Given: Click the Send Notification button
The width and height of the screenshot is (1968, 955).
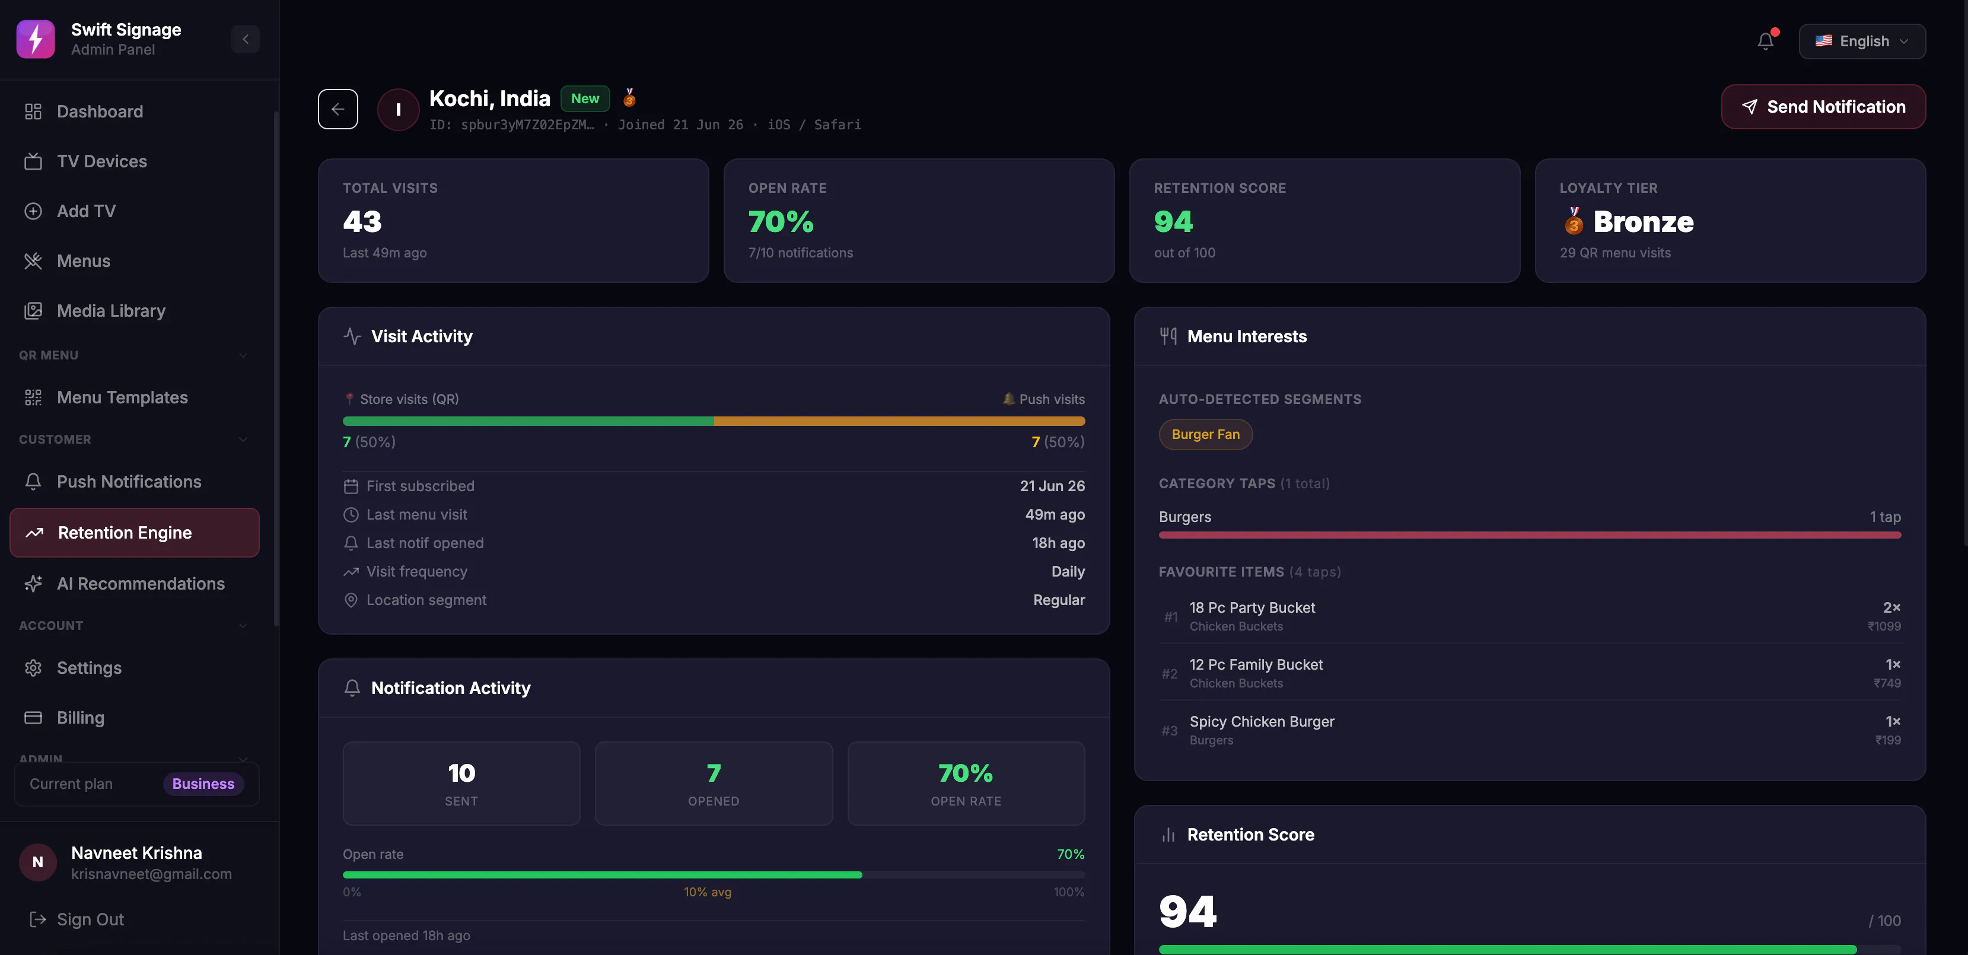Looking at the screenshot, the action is (1823, 107).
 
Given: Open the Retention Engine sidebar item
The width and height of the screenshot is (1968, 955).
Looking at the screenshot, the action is (135, 533).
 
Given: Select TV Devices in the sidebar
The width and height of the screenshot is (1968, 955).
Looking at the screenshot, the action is (101, 161).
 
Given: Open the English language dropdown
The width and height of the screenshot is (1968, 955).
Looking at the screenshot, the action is (1862, 42).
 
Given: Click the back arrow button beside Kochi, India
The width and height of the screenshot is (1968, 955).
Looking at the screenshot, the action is (337, 109).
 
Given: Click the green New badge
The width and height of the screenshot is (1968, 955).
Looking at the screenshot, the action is (585, 98).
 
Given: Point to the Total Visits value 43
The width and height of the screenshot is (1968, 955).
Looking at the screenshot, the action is (362, 222).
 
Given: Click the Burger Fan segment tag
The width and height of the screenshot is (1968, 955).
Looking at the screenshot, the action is (1206, 434).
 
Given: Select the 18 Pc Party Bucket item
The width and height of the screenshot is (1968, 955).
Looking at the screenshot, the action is (1252, 607).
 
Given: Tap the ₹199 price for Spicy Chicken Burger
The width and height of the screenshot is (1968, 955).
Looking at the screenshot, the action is (1888, 740).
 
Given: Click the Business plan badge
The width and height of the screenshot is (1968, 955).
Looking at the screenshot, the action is (203, 784).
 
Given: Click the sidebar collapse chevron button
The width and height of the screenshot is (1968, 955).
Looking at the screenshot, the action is (245, 39).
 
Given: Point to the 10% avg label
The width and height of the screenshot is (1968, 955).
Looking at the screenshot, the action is (708, 892).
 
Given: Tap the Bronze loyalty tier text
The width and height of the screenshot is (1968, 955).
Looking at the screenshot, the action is (1644, 222).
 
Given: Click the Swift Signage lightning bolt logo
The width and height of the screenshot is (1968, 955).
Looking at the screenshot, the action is (35, 39).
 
